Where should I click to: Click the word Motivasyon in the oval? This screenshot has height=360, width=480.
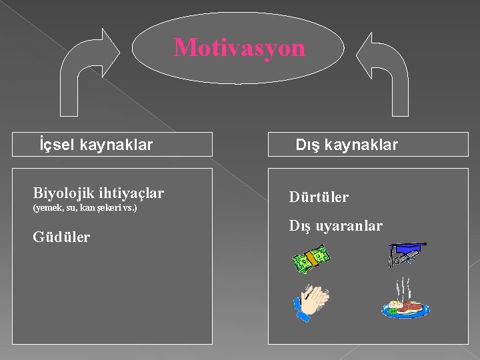click(x=239, y=48)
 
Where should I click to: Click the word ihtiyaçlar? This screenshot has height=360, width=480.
click(x=131, y=193)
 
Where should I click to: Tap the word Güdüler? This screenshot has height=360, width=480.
click(x=61, y=237)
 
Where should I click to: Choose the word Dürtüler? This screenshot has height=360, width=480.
click(x=319, y=197)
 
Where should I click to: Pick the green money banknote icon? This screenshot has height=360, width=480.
click(x=311, y=259)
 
